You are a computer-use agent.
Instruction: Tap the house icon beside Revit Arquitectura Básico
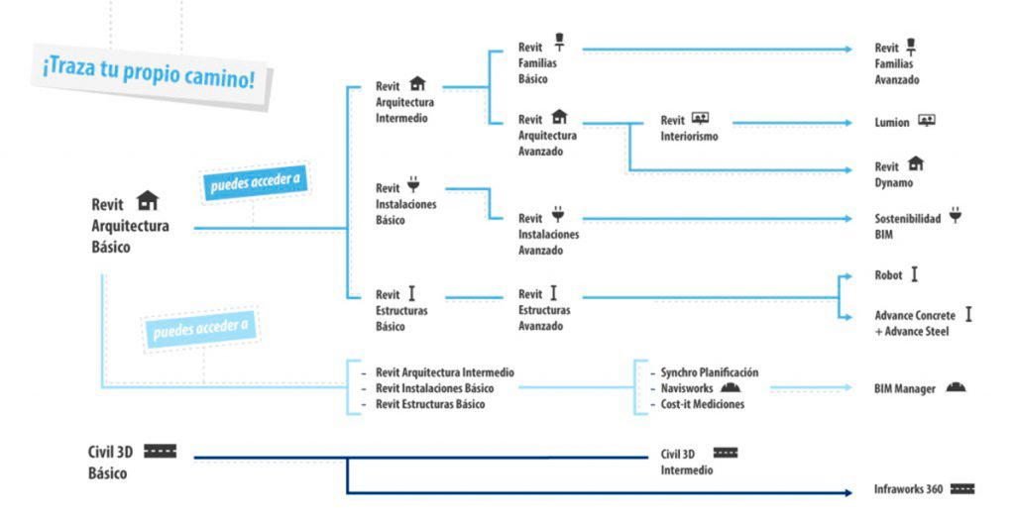click(148, 200)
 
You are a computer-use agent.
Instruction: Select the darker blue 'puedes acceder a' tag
click(255, 182)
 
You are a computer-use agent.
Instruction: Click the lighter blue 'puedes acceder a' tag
click(200, 330)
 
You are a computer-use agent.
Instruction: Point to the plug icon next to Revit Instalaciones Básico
click(413, 184)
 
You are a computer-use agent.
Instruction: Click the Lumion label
click(892, 122)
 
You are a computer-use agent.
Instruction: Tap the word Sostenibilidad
click(908, 219)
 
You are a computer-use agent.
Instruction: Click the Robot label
click(888, 275)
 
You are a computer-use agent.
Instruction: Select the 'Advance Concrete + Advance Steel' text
click(915, 324)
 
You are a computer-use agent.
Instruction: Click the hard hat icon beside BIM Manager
click(956, 387)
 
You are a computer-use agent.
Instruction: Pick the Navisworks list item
click(686, 388)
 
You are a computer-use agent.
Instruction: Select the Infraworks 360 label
click(908, 489)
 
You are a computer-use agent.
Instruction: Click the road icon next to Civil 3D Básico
click(160, 451)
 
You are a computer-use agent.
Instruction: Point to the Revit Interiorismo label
click(689, 128)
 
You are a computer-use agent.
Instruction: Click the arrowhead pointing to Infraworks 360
click(848, 493)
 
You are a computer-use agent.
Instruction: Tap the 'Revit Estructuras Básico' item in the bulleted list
click(430, 404)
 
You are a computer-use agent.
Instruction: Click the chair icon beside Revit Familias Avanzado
click(911, 47)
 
